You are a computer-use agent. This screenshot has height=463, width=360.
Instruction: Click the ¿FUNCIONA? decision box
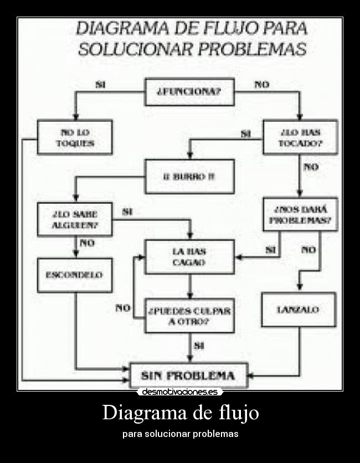(189, 92)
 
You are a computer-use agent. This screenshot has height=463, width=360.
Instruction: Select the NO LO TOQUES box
(75, 137)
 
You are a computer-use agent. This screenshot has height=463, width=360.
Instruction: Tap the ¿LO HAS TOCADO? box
(300, 137)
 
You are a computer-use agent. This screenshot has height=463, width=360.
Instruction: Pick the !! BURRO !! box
(189, 176)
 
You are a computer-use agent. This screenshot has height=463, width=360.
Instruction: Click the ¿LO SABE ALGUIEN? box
(75, 219)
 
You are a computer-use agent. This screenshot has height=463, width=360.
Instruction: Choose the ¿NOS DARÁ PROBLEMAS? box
(300, 214)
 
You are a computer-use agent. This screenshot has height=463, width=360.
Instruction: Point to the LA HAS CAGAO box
(189, 257)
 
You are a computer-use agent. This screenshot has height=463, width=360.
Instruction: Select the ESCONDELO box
(75, 275)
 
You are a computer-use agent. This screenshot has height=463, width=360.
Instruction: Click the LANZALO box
(298, 310)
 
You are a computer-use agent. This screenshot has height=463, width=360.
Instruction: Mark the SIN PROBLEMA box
(188, 375)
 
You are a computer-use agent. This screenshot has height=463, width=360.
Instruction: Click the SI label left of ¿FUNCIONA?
(100, 85)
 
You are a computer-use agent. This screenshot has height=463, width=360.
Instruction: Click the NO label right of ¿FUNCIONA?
(261, 85)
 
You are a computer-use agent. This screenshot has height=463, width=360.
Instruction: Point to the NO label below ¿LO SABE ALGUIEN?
(87, 243)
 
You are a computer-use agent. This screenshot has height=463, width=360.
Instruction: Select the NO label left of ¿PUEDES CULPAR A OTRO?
(123, 308)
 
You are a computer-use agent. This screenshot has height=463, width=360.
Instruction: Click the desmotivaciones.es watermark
(179, 392)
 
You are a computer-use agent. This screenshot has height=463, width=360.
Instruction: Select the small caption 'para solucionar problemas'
(180, 434)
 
